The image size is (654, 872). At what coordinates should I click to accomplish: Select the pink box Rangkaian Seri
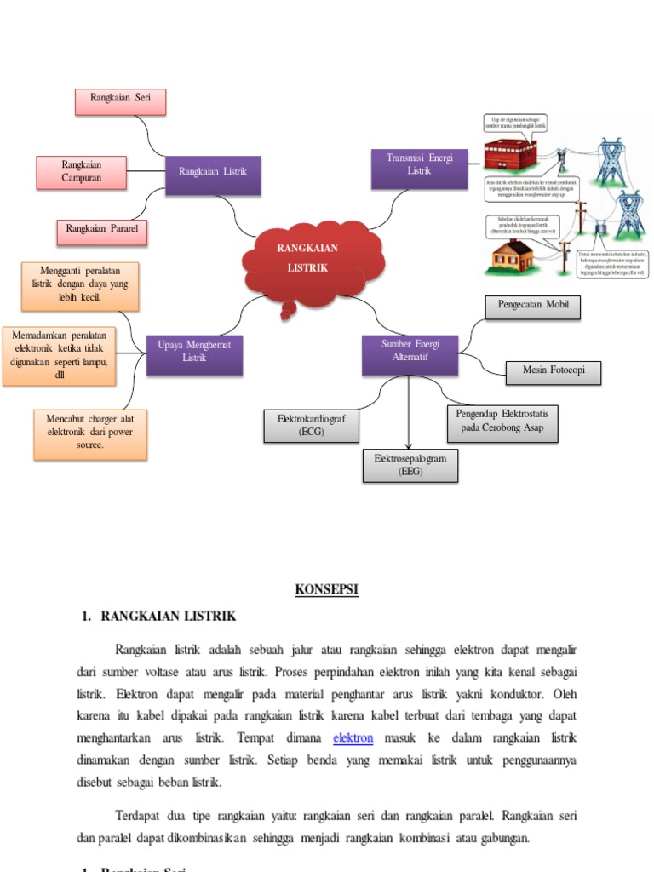click(119, 101)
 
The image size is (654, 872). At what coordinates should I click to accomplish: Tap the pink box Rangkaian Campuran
click(82, 172)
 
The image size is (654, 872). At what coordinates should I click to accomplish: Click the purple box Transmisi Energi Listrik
click(420, 168)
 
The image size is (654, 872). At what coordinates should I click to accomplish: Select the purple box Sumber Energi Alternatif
click(410, 354)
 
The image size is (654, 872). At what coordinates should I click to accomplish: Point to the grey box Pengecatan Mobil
click(533, 307)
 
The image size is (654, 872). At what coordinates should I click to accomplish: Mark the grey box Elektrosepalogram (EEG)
click(410, 466)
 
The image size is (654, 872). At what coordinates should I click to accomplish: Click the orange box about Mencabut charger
click(90, 434)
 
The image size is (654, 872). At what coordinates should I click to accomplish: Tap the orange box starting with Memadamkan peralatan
click(60, 356)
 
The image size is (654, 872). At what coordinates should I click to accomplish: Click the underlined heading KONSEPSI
click(327, 589)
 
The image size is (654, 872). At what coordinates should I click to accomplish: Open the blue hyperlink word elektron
click(353, 737)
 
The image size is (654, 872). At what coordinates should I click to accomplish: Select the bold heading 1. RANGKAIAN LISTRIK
click(159, 616)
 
